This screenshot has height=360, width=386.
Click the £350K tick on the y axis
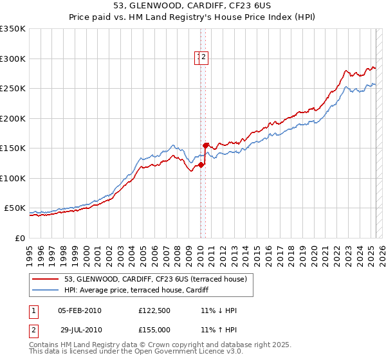13,29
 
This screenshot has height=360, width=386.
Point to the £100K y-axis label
13,178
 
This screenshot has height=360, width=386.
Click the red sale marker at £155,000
205,145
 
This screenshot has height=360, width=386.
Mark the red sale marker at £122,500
201,165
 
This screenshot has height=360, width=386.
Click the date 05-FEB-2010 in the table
80,311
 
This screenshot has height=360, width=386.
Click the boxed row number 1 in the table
33,311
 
